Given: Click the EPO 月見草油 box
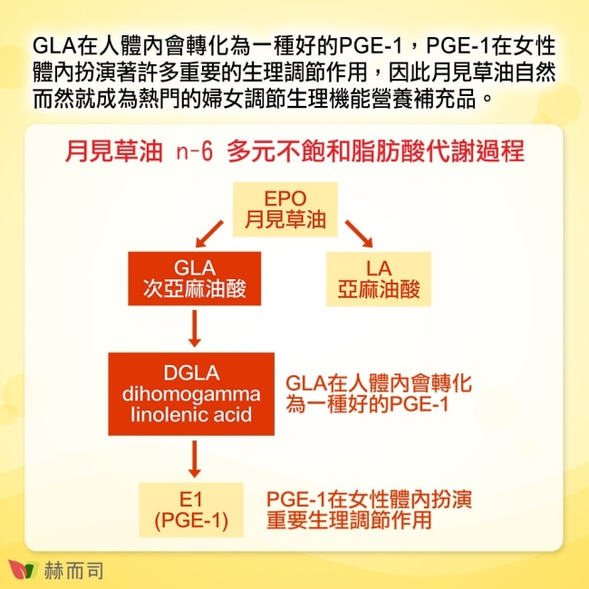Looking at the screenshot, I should pyautogui.click(x=285, y=209).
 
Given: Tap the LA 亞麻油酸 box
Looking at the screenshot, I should pyautogui.click(x=379, y=279).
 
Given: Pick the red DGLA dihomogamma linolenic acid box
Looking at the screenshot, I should pyautogui.click(x=192, y=394).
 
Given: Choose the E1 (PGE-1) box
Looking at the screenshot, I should pyautogui.click(x=191, y=510).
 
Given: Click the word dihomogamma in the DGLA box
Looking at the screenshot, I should pyautogui.click(x=192, y=395).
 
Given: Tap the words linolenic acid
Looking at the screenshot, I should pyautogui.click(x=192, y=415).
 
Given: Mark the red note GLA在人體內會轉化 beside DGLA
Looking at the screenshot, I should pyautogui.click(x=379, y=384).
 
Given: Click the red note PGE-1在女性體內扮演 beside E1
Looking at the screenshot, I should pyautogui.click(x=368, y=499).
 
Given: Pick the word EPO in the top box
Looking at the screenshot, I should pyautogui.click(x=285, y=198).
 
